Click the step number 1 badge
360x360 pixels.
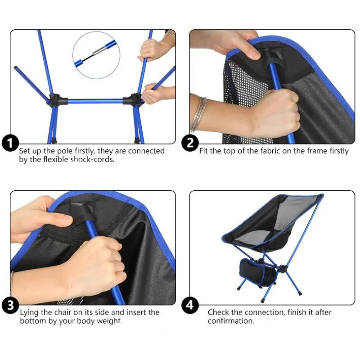tap(10, 144)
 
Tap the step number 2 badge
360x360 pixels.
tap(190, 143)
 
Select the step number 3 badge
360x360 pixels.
tap(10, 306)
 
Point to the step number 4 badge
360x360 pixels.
tap(190, 306)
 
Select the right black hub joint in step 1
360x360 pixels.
tap(134, 99)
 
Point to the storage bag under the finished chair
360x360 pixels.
tap(256, 272)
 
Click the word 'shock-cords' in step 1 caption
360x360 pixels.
tap(92, 159)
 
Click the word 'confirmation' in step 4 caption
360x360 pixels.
tap(231, 321)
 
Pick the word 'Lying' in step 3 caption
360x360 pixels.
tap(29, 312)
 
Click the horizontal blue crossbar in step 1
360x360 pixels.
tap(95, 101)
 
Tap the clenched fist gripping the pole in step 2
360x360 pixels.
tap(279, 112)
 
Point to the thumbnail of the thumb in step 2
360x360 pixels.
tap(254, 54)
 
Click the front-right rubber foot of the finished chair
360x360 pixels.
tap(300, 293)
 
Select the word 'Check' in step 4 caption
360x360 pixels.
tap(218, 312)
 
